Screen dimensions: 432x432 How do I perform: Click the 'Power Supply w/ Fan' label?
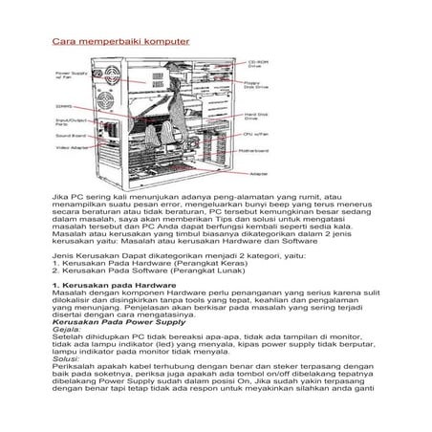click(71, 74)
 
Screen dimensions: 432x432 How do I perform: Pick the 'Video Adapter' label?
click(72, 148)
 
